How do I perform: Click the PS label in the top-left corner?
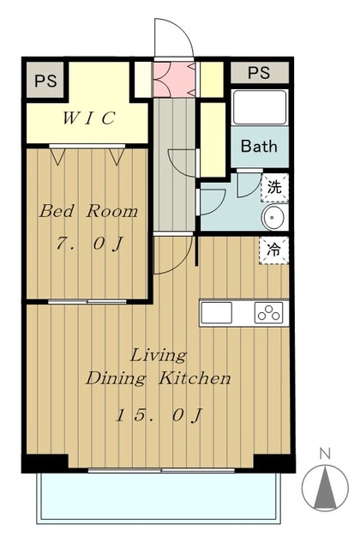(45, 81)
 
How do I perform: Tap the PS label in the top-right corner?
(259, 72)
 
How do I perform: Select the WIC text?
(88, 118)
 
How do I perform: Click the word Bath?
(259, 146)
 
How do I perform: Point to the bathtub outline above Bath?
(259, 107)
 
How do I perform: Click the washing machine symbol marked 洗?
(274, 188)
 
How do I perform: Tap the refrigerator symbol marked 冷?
(274, 250)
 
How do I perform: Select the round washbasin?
(273, 217)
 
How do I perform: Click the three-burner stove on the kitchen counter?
(268, 312)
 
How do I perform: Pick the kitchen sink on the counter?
(216, 312)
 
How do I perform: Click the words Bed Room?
(88, 211)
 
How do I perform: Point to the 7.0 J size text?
(90, 244)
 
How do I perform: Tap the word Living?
(159, 356)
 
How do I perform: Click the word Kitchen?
(195, 378)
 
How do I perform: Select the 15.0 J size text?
(159, 415)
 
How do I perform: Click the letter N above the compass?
(325, 454)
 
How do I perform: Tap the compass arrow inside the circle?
(326, 487)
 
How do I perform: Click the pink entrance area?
(174, 79)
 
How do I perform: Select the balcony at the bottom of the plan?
(158, 498)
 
